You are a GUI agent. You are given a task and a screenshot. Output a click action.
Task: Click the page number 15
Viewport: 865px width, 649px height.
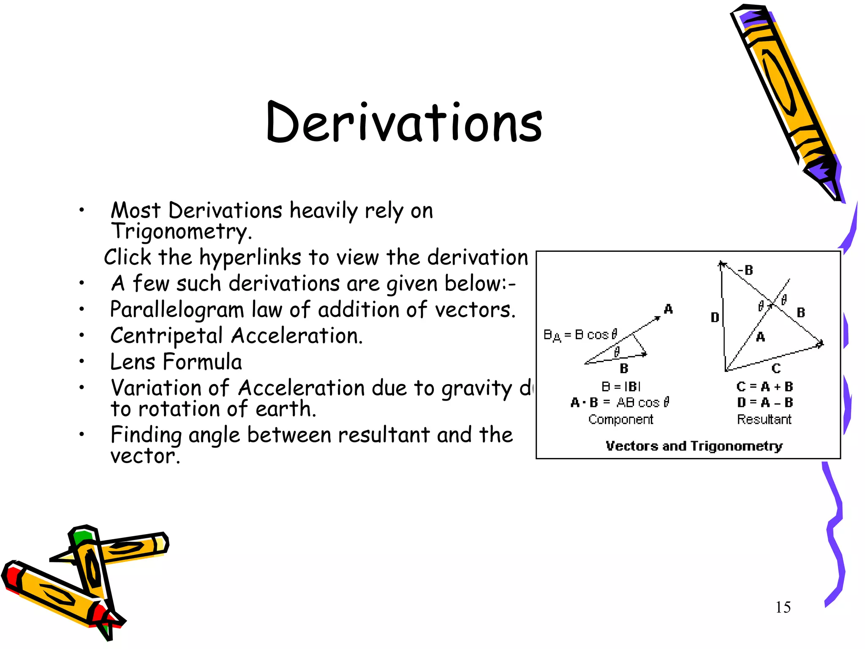click(783, 608)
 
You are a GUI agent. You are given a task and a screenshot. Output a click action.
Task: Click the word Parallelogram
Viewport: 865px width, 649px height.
click(177, 310)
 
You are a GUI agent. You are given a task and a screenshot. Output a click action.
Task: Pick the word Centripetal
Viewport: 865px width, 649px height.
click(166, 336)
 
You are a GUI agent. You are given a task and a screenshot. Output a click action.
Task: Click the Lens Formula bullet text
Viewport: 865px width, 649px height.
click(176, 362)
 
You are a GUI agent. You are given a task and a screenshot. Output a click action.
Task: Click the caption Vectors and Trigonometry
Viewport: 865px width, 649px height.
click(694, 446)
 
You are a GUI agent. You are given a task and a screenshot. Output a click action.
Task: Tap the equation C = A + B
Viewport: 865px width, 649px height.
click(764, 387)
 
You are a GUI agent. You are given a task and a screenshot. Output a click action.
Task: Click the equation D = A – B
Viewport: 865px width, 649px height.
click(764, 403)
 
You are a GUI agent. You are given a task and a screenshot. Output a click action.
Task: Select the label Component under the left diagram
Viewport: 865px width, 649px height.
click(620, 419)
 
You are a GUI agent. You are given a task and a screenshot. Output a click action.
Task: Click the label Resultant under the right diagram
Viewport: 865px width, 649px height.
click(764, 419)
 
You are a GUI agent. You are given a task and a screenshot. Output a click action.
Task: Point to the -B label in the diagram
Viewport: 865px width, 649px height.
click(745, 270)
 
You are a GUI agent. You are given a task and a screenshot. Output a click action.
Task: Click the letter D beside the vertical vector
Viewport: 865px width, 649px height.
click(715, 317)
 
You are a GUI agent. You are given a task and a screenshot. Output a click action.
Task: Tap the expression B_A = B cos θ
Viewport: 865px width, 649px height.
click(580, 335)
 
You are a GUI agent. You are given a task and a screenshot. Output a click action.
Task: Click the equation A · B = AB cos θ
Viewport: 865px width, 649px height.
click(620, 403)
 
